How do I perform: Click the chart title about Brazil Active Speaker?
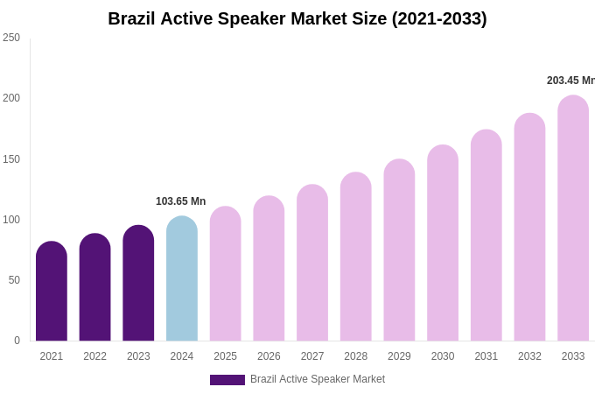[297, 18]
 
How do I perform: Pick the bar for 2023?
[138, 284]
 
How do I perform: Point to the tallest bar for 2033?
[573, 219]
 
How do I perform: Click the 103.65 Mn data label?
[181, 201]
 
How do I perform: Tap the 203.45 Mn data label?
[570, 81]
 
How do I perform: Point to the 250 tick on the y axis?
[11, 38]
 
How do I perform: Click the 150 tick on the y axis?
[11, 159]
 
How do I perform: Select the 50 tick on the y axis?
[14, 280]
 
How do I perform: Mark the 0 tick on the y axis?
[17, 341]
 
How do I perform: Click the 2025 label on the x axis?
[226, 356]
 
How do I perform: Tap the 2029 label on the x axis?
[399, 356]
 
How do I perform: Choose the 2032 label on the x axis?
[529, 356]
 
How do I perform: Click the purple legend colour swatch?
[227, 380]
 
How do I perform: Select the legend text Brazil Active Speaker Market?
[318, 379]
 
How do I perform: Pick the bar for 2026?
[269, 269]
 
